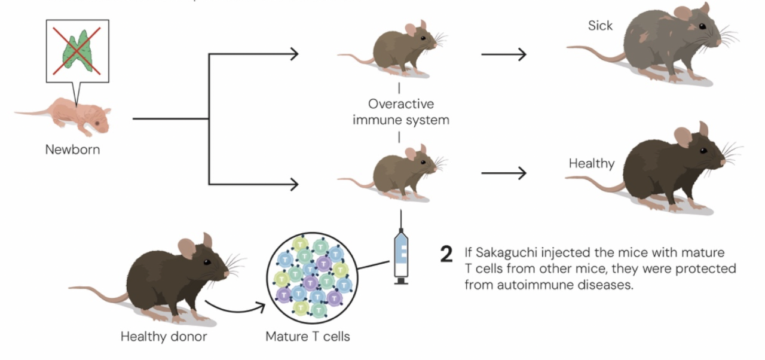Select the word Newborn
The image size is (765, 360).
pyautogui.click(x=73, y=150)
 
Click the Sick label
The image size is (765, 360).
pyautogui.click(x=600, y=26)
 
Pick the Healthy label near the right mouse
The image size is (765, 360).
pyautogui.click(x=591, y=163)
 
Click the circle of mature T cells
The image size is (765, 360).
pyautogui.click(x=308, y=275)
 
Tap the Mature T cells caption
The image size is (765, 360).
pyautogui.click(x=308, y=336)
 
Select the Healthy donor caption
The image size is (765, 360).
pyautogui.click(x=164, y=336)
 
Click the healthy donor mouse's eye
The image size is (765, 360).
pyautogui.click(x=206, y=262)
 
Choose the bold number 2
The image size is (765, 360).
pyautogui.click(x=446, y=254)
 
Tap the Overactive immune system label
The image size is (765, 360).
pyautogui.click(x=400, y=111)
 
